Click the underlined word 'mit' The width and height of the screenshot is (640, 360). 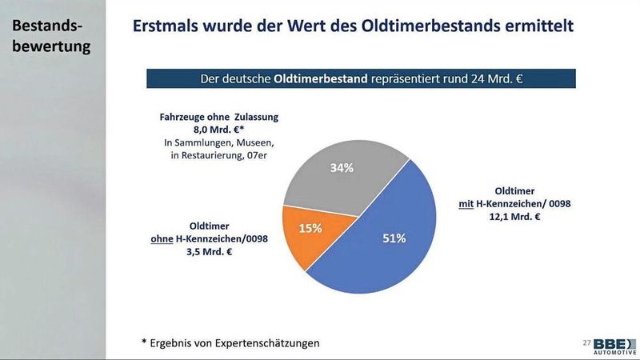coord(466,204)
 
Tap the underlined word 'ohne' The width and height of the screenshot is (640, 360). coord(163,238)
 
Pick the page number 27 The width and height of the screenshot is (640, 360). coord(586,343)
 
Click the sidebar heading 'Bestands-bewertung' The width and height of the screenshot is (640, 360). coord(50,36)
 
